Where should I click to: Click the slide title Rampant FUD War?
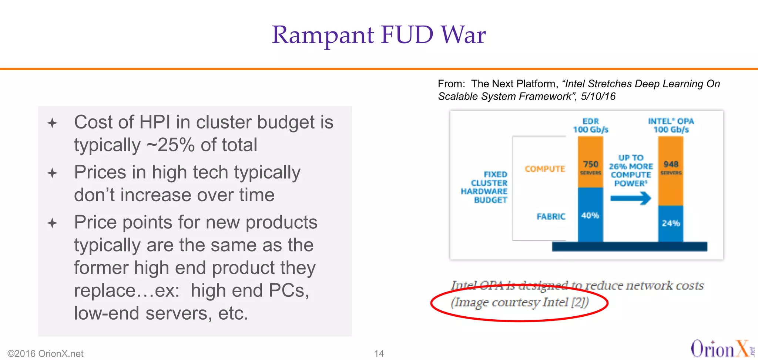379,35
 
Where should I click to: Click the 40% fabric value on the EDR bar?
590,215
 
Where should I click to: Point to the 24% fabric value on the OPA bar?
671,223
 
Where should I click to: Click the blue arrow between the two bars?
631,198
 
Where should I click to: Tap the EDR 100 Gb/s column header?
591,125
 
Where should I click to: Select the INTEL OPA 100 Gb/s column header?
671,125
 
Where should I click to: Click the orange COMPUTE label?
545,169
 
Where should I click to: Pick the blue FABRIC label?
551,216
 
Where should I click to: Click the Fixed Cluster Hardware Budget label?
484,187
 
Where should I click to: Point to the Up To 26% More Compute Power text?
631,171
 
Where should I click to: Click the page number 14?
379,354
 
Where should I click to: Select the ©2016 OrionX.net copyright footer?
46,354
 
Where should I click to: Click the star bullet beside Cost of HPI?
52,123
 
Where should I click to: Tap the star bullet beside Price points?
52,223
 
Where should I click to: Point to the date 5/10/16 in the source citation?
598,97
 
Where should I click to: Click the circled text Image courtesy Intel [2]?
519,303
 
